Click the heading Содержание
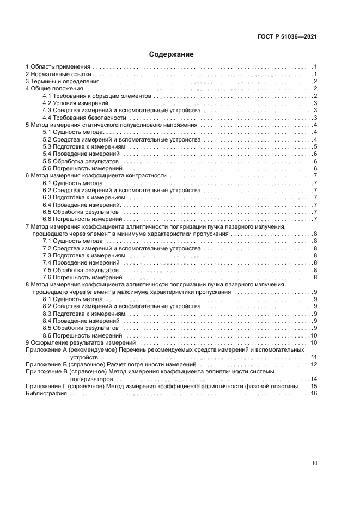tap(171, 54)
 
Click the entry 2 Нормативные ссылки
tap(59, 73)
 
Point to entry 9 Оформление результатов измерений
tap(81, 343)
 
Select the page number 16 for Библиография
tap(314, 394)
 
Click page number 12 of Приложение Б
tap(314, 365)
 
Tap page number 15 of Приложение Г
tap(314, 387)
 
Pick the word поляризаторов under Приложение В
tap(88, 379)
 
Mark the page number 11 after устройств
tap(314, 358)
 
